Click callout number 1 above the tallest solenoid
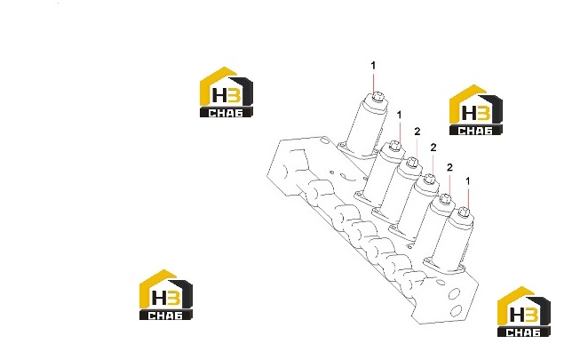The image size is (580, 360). pyautogui.click(x=373, y=66)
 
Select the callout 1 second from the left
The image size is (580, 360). pyautogui.click(x=399, y=116)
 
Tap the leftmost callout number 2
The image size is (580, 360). pyautogui.click(x=417, y=132)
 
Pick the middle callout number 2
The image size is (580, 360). pyautogui.click(x=433, y=148)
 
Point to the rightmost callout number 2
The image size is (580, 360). pyautogui.click(x=449, y=167)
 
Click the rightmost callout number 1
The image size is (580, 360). pyautogui.click(x=468, y=181)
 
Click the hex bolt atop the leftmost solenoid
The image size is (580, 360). pyautogui.click(x=377, y=98)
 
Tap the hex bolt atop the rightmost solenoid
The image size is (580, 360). pyautogui.click(x=463, y=212)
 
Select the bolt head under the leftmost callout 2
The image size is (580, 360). pyautogui.click(x=412, y=162)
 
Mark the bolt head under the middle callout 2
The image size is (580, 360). pyautogui.click(x=429, y=179)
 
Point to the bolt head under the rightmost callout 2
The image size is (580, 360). pyautogui.click(x=446, y=199)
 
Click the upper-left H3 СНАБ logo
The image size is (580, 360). pyautogui.click(x=226, y=92)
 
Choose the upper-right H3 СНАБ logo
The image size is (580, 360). pyautogui.click(x=476, y=110)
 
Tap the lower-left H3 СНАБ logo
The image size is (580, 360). pyautogui.click(x=166, y=295)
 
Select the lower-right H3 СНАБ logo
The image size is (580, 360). pyautogui.click(x=524, y=311)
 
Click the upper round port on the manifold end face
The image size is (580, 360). pyautogui.click(x=454, y=294)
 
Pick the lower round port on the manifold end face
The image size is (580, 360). pyautogui.click(x=457, y=310)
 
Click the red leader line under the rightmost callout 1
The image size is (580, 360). pyautogui.click(x=468, y=198)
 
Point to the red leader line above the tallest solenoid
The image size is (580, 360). pyautogui.click(x=374, y=83)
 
